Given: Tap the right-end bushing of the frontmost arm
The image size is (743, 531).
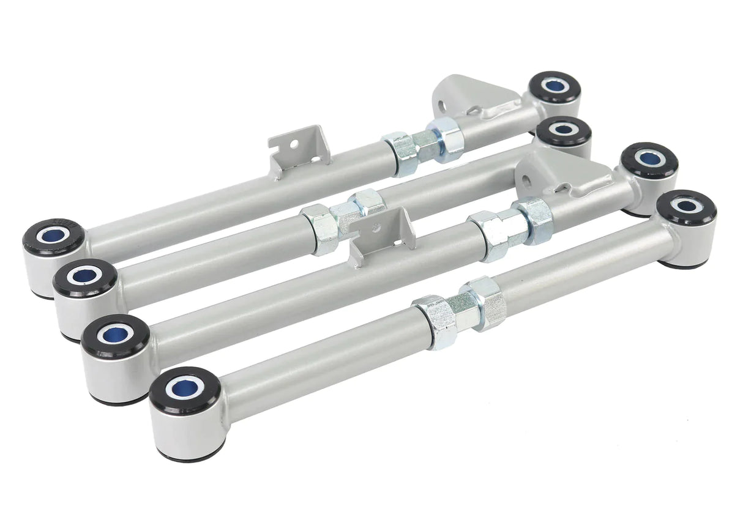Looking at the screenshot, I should click(x=689, y=208).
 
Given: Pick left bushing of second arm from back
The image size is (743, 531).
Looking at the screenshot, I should click(x=85, y=279).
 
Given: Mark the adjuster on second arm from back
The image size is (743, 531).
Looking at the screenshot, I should click(x=343, y=220).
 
